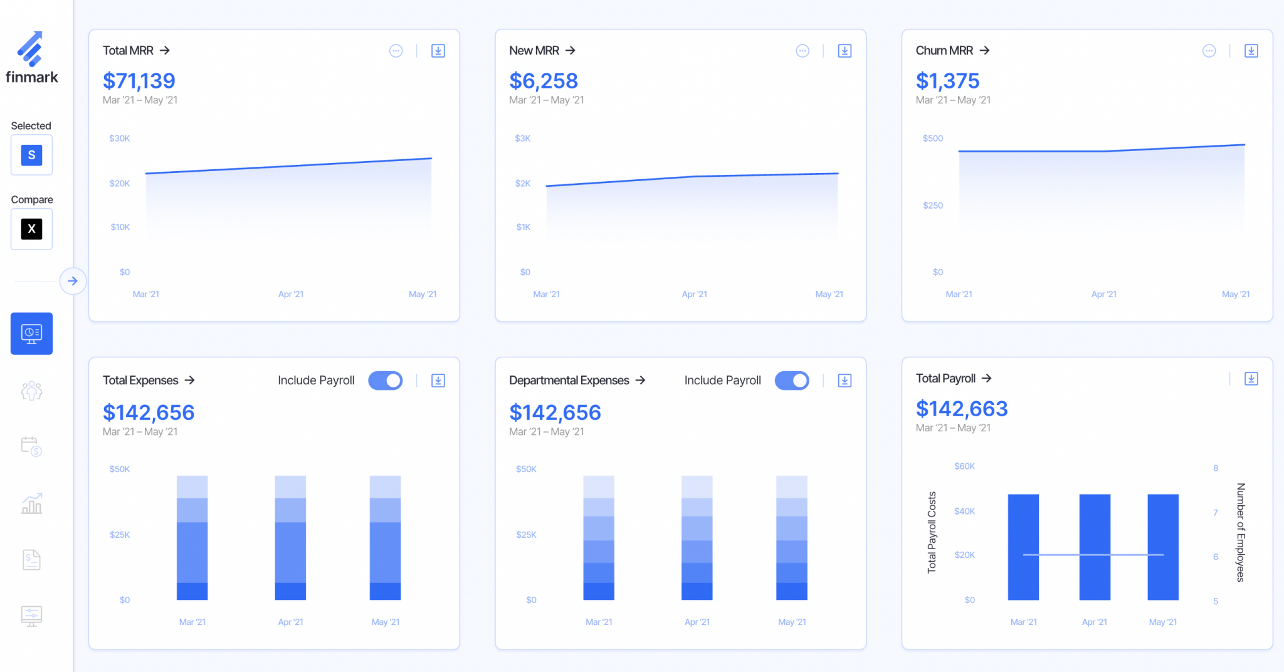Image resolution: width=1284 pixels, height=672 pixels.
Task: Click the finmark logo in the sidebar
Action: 31,56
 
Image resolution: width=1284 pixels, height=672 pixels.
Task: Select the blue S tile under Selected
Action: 31,155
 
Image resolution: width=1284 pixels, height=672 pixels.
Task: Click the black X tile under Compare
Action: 31,229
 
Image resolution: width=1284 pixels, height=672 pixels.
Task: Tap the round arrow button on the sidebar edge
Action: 73,281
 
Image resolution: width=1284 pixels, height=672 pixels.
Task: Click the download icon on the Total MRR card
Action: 438,51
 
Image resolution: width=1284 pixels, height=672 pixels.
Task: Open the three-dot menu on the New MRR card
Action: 802,51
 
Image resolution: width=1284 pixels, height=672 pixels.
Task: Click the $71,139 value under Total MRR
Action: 139,81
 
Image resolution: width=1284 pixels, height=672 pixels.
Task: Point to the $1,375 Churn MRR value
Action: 947,81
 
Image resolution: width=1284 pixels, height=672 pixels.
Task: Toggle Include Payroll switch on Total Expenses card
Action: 386,381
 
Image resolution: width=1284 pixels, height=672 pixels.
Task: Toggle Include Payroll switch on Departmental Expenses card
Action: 792,381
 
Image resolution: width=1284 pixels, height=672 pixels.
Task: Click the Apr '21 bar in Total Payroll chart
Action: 1095,547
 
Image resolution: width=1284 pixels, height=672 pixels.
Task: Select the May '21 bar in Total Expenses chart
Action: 385,538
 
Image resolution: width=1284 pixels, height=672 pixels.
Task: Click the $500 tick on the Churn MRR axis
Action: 932,139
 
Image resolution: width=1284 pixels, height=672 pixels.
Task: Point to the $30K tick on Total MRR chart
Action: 119,139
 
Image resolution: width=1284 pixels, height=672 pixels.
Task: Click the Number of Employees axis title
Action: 1240,532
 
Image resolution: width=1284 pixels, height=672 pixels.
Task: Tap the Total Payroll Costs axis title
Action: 932,532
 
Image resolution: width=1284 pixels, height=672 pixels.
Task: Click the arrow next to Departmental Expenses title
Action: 640,381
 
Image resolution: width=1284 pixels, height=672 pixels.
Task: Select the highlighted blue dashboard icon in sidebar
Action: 31,333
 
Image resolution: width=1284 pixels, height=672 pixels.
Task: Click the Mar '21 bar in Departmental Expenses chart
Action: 599,538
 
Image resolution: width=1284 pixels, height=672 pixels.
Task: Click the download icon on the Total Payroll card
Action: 1251,379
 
